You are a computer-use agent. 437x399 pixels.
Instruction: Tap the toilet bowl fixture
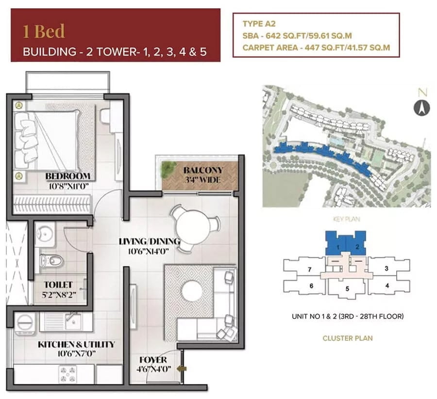[52, 261]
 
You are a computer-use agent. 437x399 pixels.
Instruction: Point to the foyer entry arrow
[182, 368]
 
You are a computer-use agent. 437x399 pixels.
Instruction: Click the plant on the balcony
[168, 169]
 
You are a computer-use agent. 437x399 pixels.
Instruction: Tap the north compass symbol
[421, 108]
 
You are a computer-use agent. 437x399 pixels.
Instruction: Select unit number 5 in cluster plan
[347, 289]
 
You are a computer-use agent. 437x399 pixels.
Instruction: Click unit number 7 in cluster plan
[309, 270]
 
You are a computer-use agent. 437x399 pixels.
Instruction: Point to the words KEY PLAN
[346, 219]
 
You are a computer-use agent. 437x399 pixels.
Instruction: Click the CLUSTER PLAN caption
[348, 338]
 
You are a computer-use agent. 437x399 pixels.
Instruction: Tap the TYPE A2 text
[259, 24]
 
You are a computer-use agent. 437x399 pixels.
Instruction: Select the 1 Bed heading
[44, 31]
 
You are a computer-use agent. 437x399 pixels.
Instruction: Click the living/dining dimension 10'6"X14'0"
[149, 252]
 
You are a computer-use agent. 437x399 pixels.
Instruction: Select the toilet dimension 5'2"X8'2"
[59, 295]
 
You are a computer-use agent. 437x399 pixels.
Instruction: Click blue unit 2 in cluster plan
[357, 246]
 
